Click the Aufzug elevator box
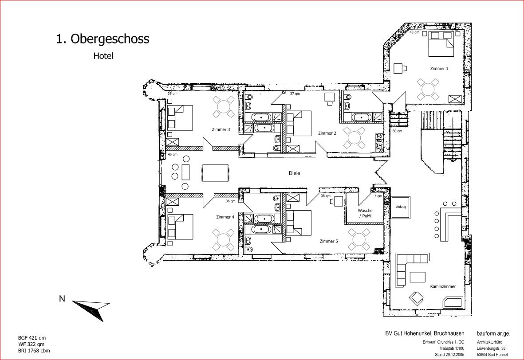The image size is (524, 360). pos(401,207)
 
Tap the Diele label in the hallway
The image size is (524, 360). pos(295,173)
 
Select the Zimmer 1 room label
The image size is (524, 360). pos(439,68)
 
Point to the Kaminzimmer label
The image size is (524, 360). pos(443,286)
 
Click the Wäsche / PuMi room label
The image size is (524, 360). pos(365,213)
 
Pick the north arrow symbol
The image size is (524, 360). pos(91,309)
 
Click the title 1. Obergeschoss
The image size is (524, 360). pos(102,39)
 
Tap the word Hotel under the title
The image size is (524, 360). pos(103,56)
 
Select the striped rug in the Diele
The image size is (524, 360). pos(216,172)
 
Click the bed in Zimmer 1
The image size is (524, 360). pos(441,44)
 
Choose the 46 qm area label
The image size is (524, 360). pos(173,155)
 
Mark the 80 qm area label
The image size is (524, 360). pos(398,131)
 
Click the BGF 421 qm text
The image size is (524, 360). pos(32,338)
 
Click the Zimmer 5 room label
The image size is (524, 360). pos(328,241)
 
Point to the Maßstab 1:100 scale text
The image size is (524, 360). pos(452,348)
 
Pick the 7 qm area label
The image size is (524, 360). pos(378,196)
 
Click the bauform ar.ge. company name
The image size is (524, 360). pos(493,333)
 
